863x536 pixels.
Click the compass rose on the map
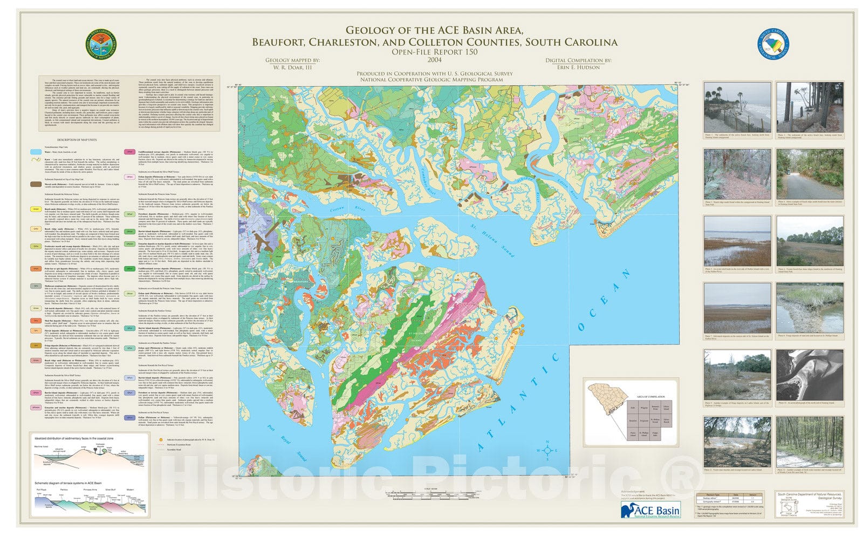click(x=548, y=449)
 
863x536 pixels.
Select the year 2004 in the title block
click(x=434, y=59)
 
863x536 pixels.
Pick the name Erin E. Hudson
click(x=578, y=67)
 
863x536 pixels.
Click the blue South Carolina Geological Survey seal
click(x=773, y=44)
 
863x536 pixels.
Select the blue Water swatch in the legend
click(x=36, y=153)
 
